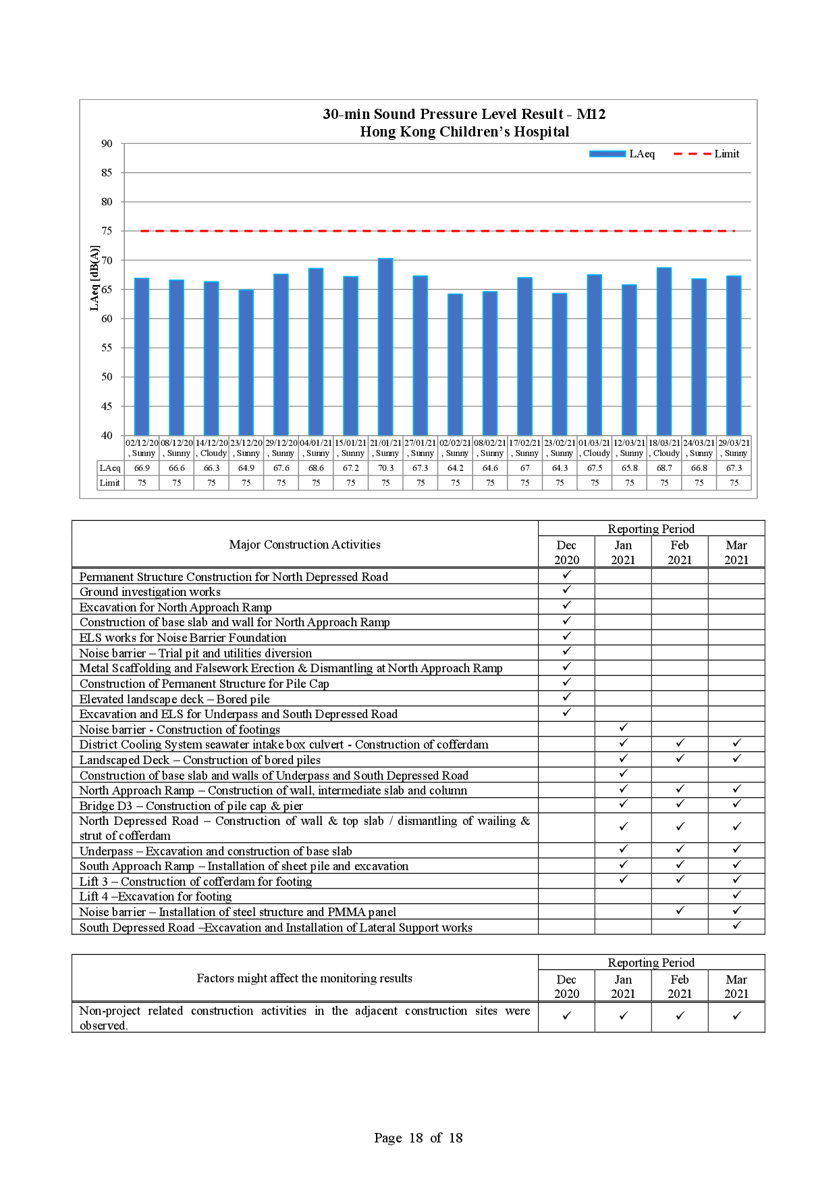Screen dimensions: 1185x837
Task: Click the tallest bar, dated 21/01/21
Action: point(385,347)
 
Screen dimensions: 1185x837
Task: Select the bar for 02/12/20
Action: point(142,356)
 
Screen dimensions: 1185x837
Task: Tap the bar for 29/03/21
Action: point(734,355)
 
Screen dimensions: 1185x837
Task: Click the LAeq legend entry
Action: point(622,154)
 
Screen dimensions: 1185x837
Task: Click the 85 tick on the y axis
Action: point(107,173)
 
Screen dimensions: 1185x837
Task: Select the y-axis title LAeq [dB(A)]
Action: point(94,278)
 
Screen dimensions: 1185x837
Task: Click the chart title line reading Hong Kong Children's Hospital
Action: point(464,132)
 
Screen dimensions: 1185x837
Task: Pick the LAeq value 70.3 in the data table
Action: point(385,468)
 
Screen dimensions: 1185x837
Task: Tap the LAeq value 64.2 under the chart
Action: point(456,468)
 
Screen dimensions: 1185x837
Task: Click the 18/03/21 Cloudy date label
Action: point(664,448)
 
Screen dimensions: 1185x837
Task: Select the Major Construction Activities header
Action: point(304,545)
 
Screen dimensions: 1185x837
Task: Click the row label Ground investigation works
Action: point(150,592)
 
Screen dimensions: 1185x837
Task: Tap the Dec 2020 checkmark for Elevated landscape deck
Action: point(566,698)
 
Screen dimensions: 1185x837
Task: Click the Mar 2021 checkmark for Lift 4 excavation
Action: point(736,896)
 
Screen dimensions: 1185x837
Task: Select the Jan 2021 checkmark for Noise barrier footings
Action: point(623,728)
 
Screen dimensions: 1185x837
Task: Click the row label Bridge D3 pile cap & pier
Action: point(191,806)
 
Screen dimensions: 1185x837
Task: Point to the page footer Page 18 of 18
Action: point(418,1138)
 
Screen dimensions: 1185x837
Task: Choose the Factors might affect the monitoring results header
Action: point(304,978)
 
